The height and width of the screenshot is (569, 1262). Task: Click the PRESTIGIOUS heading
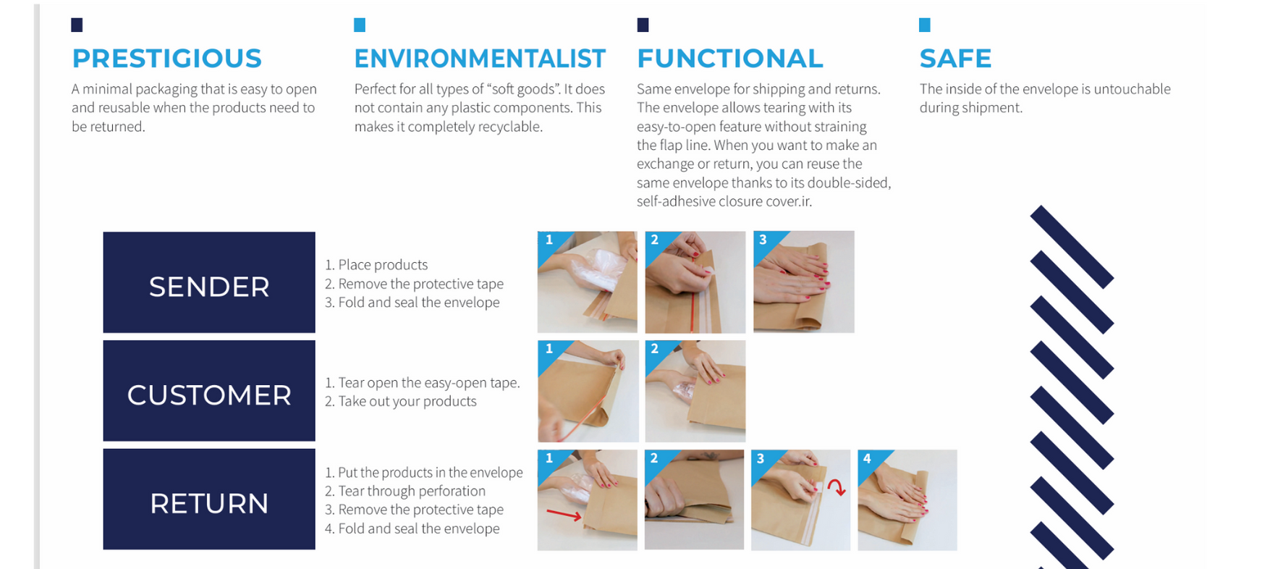[166, 59]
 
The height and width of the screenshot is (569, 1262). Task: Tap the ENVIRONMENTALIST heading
[480, 59]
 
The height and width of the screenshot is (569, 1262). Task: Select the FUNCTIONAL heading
[730, 59]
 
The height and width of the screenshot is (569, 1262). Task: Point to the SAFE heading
[955, 59]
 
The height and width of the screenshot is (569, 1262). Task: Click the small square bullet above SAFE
[924, 25]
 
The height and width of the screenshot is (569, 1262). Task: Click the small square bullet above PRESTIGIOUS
[77, 25]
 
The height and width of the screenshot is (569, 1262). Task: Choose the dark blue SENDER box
[209, 282]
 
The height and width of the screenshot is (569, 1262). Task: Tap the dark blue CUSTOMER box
[209, 391]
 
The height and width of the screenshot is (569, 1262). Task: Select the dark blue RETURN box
[209, 500]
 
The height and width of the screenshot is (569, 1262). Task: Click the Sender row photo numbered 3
[804, 282]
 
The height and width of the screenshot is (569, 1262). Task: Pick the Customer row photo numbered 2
[695, 391]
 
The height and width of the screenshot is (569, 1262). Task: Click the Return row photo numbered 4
[907, 500]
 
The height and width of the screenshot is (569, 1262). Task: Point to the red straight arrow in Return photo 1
[564, 515]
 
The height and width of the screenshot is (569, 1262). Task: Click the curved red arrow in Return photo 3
[838, 486]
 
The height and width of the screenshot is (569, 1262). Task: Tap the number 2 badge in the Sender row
[655, 240]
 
